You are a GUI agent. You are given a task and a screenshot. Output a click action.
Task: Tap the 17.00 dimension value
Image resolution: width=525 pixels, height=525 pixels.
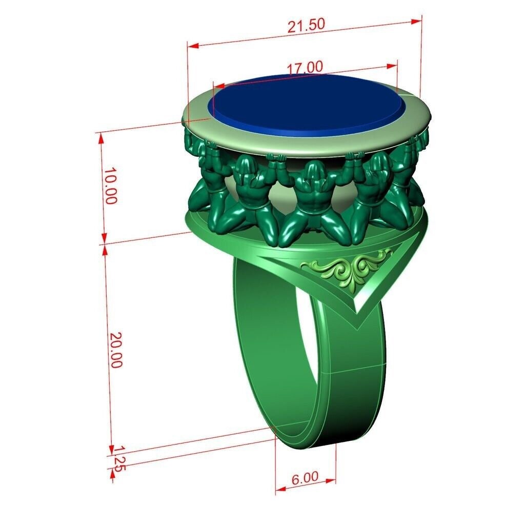point(305,68)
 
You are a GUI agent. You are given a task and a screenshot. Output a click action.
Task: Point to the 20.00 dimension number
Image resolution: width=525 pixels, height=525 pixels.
point(116,350)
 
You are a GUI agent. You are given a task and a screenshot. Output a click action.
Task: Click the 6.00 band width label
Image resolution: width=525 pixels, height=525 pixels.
point(305,478)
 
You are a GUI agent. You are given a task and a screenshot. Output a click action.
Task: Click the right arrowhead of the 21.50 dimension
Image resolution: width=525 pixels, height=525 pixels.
point(417,21)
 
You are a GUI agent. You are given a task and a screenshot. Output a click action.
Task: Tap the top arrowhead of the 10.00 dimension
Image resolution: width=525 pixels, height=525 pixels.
point(101,135)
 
